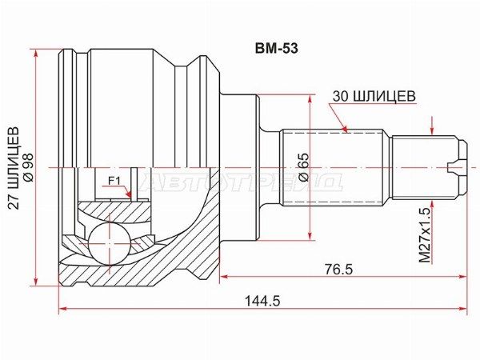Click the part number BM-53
pos(277,49)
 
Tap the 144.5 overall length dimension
pos(262,302)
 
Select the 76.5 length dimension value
pos(339,270)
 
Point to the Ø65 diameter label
pos(304,167)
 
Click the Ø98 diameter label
pos(30,168)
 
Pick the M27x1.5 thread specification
pos(426,234)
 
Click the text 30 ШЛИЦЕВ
pos(374,96)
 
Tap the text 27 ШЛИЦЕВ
pos(14,168)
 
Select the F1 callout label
pos(114,182)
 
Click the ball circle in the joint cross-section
pos(110,243)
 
